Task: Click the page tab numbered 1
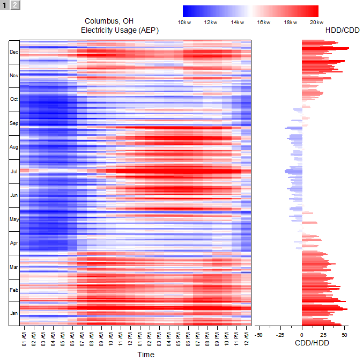[5, 5]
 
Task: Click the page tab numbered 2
[15, 5]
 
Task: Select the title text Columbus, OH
[109, 21]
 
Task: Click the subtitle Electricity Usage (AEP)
[120, 31]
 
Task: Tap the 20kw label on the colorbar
[317, 23]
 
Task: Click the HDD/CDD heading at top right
[343, 31]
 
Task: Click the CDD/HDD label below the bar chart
[312, 343]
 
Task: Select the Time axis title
[145, 355]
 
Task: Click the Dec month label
[14, 52]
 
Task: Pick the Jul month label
[14, 172]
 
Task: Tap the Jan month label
[14, 313]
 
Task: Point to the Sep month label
[14, 123]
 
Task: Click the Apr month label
[14, 243]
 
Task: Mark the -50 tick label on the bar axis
[258, 335]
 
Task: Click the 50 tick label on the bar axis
[345, 335]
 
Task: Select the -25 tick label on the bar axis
[280, 335]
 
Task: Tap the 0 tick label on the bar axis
[302, 335]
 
